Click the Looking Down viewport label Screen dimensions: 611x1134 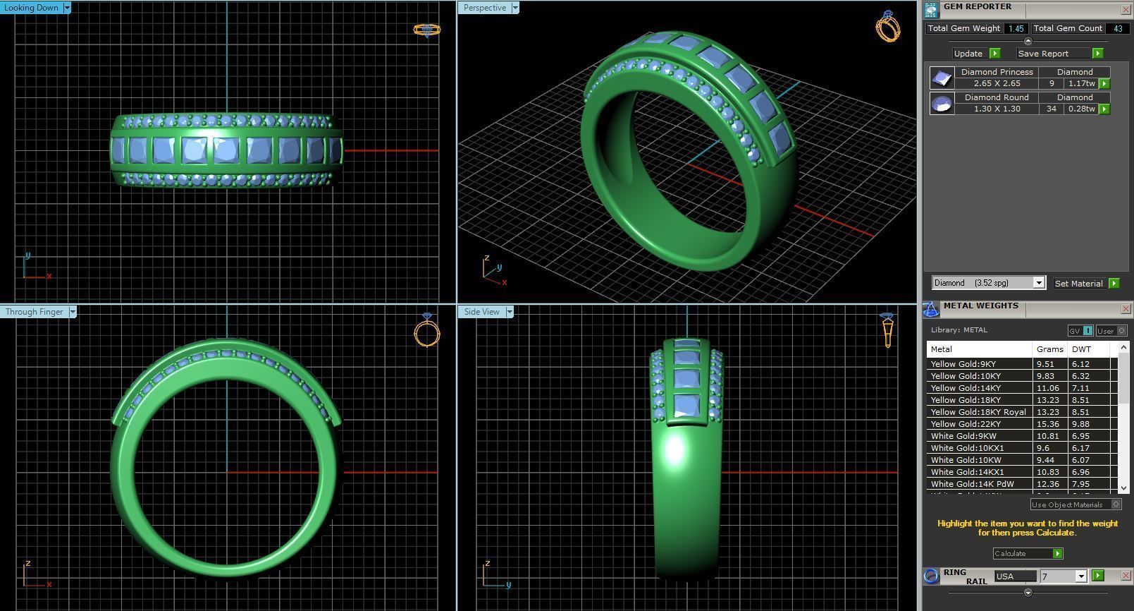tap(32, 8)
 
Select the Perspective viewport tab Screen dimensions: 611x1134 tap(484, 8)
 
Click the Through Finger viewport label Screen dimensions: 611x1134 tap(34, 312)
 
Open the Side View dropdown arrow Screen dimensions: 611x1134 tap(510, 312)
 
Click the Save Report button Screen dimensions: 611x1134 tap(1043, 54)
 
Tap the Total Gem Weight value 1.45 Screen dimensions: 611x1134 tap(1016, 29)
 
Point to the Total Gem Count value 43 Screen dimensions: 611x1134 tap(1117, 29)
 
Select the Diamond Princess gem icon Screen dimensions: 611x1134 tap(942, 78)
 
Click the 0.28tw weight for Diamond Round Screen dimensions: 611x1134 tap(1080, 109)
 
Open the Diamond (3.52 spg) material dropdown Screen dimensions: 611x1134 tap(1038, 283)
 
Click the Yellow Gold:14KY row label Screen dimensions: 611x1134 tap(965, 388)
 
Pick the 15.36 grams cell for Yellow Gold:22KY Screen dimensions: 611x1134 tap(1048, 424)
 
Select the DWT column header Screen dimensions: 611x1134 tap(1081, 349)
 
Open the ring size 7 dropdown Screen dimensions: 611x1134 tap(1081, 576)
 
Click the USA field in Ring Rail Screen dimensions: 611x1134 tap(1015, 576)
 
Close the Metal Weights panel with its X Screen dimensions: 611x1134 tap(1125, 309)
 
